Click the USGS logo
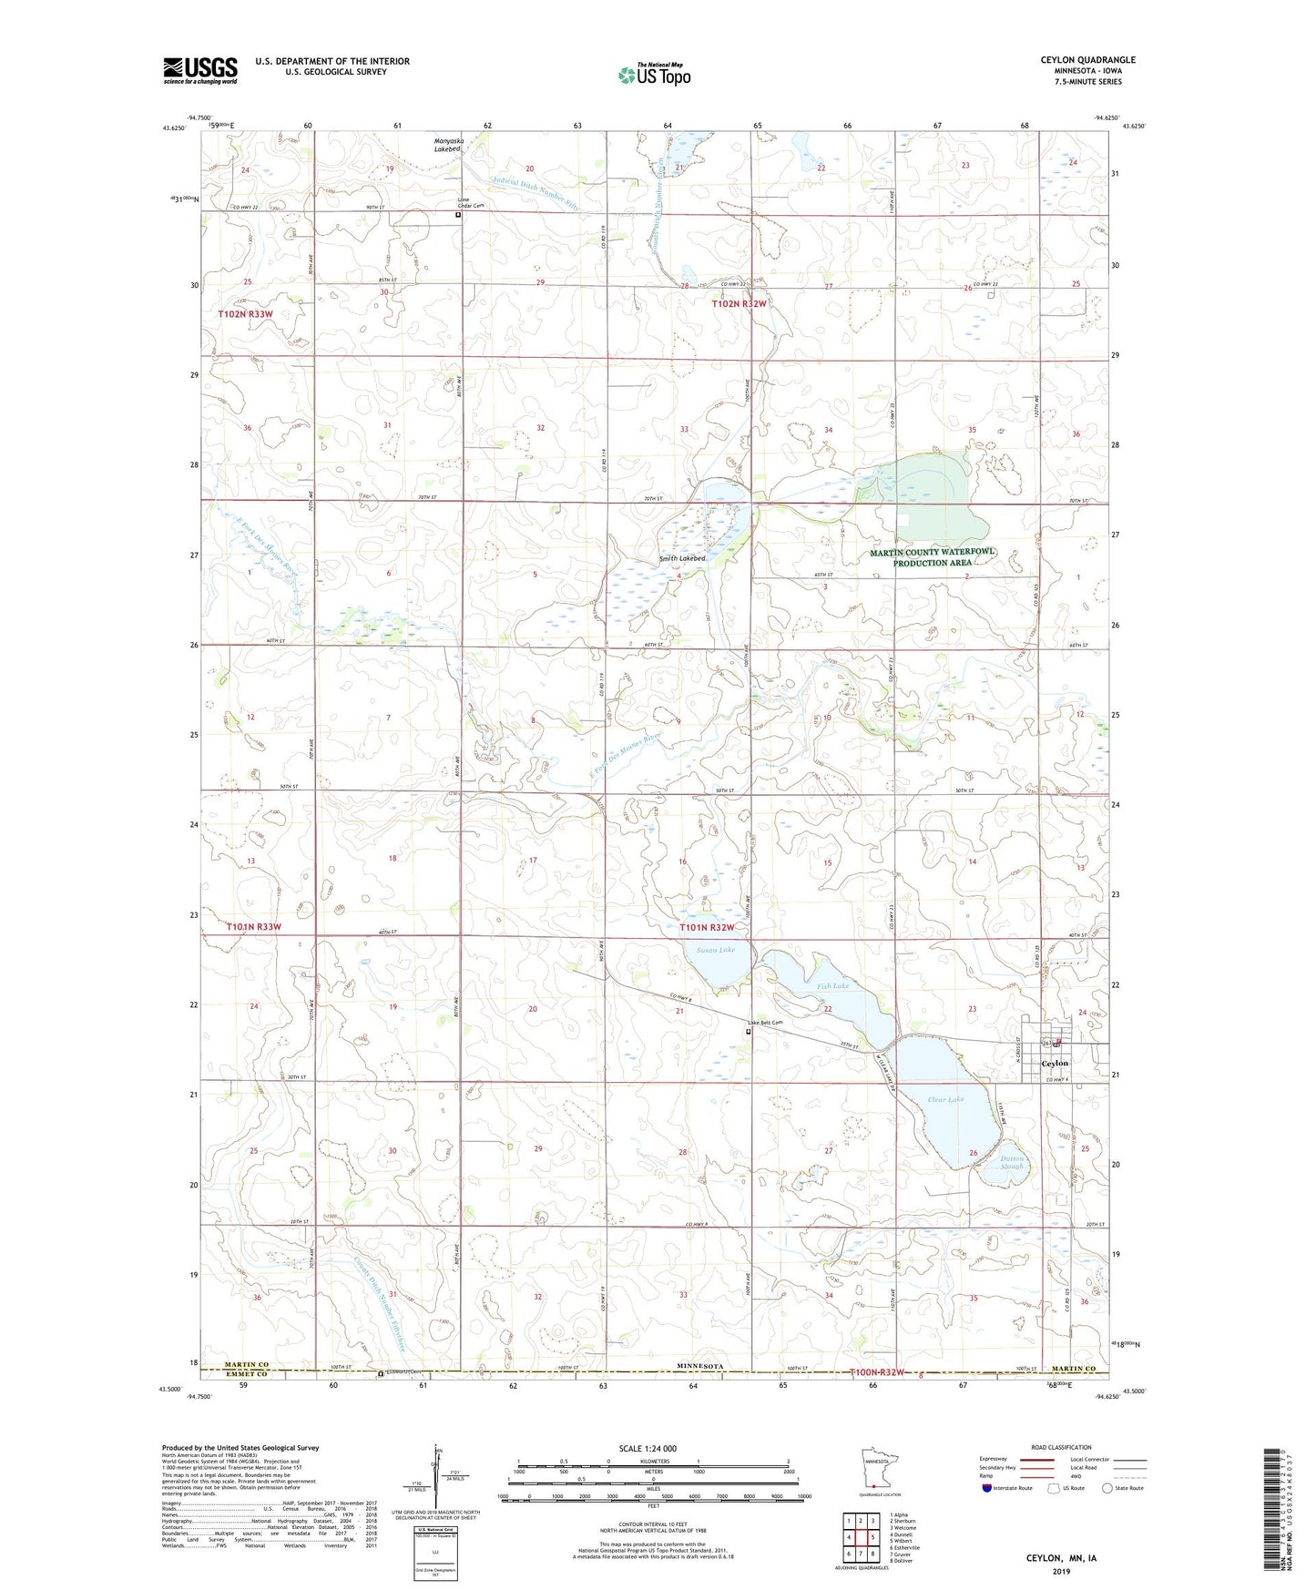pos(200,69)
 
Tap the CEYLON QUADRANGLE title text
pos(1087,60)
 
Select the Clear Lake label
pos(945,1099)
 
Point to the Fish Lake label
pos(832,986)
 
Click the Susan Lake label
pos(715,950)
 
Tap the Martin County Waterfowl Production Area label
pos(933,557)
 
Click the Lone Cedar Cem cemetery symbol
pos(458,216)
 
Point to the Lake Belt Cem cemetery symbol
pos(749,1033)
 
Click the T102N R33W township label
pos(245,314)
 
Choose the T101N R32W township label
pos(707,927)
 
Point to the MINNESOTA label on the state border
pos(700,1367)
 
